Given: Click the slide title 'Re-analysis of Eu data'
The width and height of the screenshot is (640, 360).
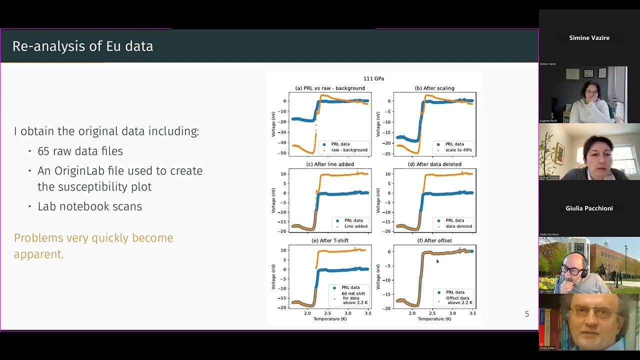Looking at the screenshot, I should pyautogui.click(x=82, y=46).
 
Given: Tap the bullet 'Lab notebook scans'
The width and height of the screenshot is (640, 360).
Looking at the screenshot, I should pyautogui.click(x=89, y=206).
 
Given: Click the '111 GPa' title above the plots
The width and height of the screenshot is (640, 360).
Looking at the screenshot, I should pyautogui.click(x=373, y=78).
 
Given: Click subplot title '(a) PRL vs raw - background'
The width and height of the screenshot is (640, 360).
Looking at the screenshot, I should pyautogui.click(x=330, y=88).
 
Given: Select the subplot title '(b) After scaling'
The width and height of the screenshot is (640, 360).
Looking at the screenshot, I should pyautogui.click(x=434, y=88).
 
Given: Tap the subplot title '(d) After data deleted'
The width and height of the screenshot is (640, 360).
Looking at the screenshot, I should pyautogui.click(x=434, y=164).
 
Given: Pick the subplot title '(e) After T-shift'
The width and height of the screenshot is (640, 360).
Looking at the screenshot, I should pyautogui.click(x=330, y=240).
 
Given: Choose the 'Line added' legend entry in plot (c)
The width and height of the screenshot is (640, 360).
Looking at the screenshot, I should pyautogui.click(x=355, y=226).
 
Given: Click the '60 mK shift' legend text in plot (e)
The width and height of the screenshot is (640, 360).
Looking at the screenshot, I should pyautogui.click(x=353, y=293).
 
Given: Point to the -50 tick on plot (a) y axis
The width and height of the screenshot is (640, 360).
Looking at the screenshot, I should pyautogui.click(x=283, y=153).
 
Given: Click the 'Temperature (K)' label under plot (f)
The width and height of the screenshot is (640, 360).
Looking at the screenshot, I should pyautogui.click(x=434, y=319).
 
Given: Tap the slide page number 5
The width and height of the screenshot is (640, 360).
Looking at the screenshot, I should pyautogui.click(x=526, y=314).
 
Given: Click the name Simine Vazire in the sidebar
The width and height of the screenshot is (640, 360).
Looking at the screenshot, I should pyautogui.click(x=589, y=38).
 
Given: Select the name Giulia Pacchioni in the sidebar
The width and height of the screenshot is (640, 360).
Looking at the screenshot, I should pyautogui.click(x=589, y=208).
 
